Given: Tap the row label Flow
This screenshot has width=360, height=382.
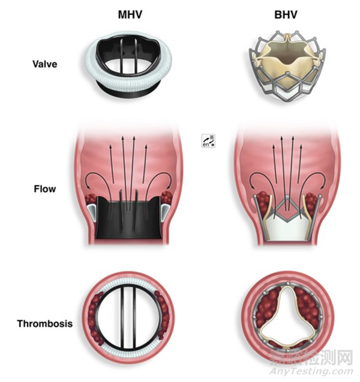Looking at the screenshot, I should (x=46, y=189).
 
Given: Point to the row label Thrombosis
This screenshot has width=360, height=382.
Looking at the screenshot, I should (x=46, y=324).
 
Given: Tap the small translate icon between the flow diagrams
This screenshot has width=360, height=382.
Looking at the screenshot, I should (x=209, y=141).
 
